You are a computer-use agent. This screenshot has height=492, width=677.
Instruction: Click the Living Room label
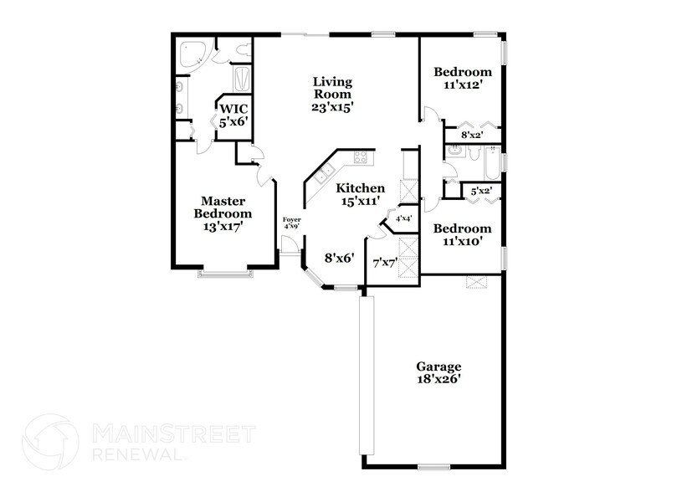click(333, 95)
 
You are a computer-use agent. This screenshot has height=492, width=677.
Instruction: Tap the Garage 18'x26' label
click(439, 373)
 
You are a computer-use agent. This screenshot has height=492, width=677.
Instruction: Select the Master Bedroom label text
click(223, 213)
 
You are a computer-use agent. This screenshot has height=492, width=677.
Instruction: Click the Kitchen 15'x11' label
click(362, 195)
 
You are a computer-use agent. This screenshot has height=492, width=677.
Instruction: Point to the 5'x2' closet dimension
click(480, 192)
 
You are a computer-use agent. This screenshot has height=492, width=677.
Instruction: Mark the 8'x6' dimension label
click(340, 259)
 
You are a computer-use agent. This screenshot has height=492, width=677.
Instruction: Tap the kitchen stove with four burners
click(362, 156)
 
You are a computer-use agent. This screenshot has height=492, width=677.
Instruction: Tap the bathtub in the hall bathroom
click(485, 158)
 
